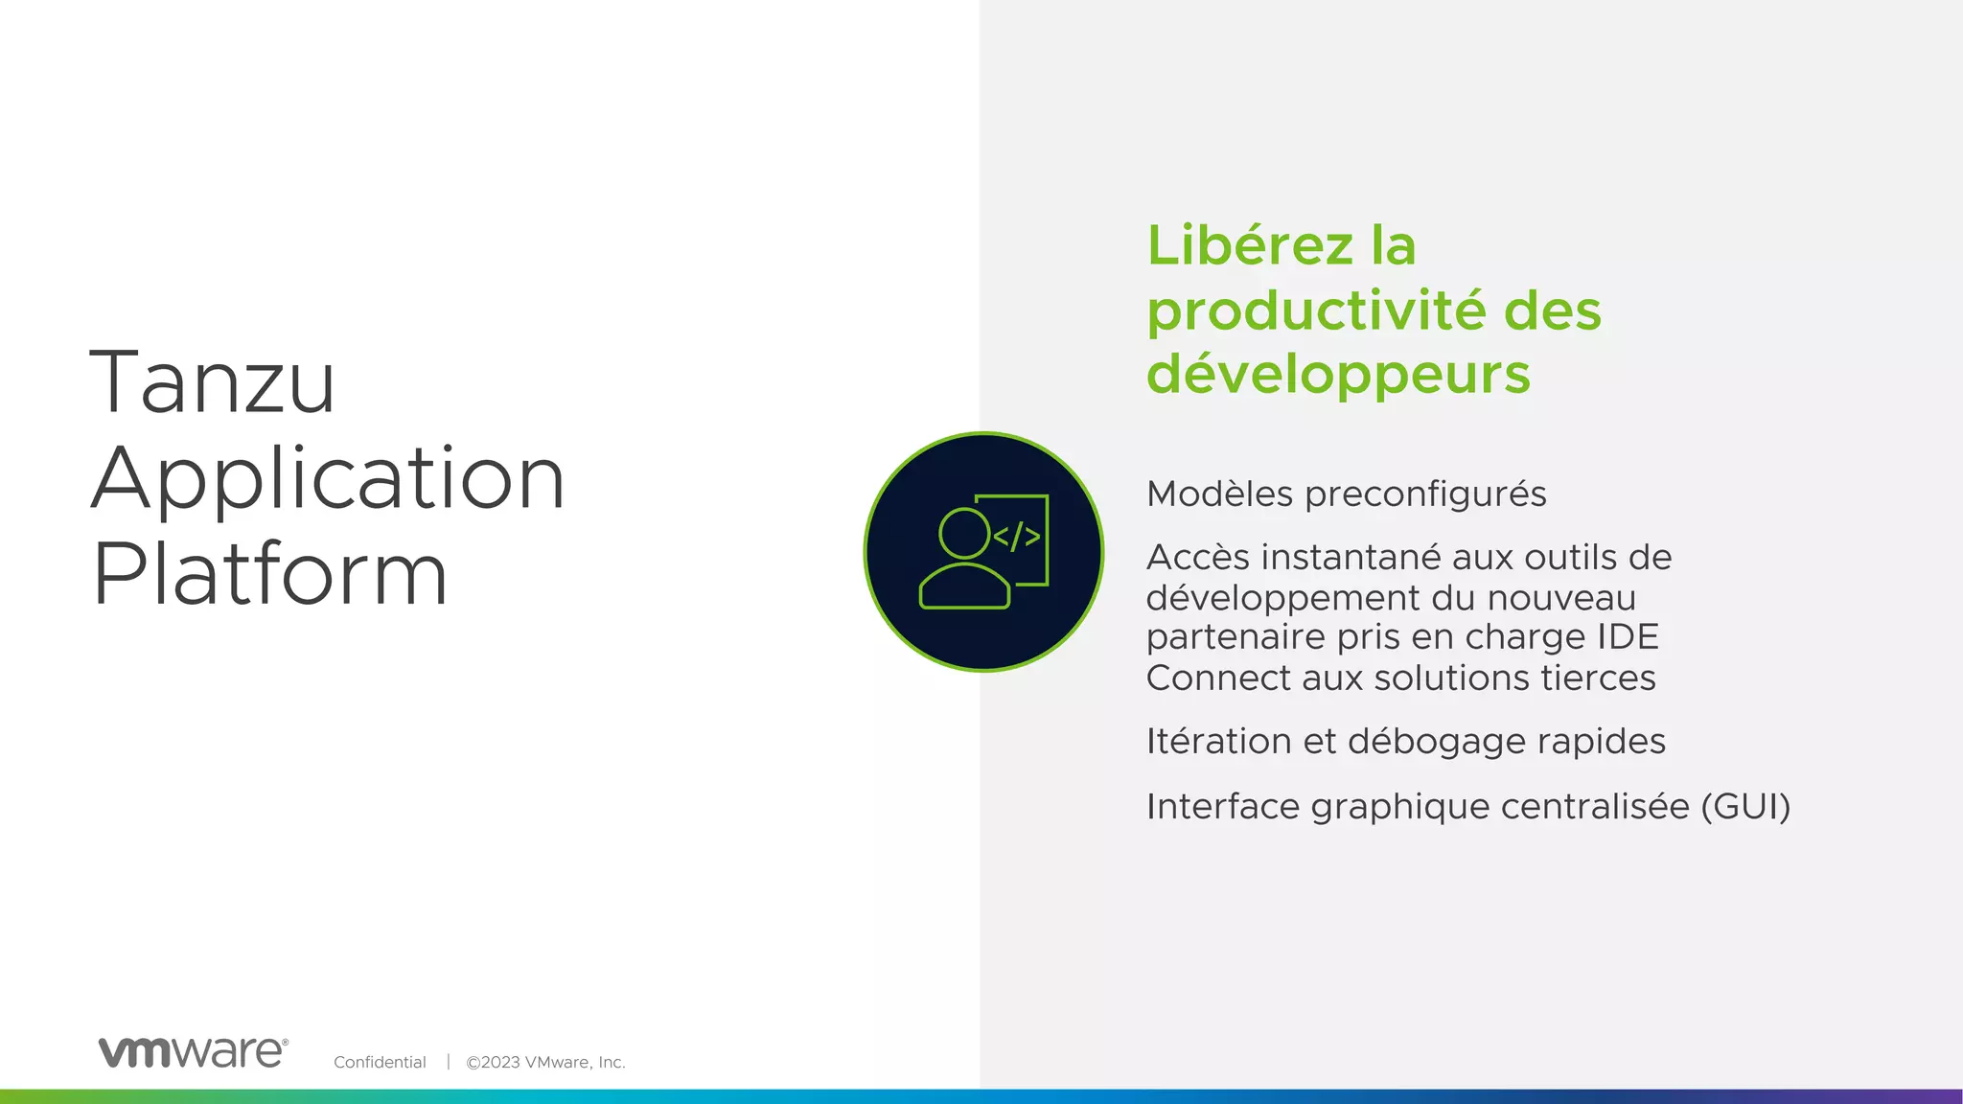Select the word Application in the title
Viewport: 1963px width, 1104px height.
(x=328, y=478)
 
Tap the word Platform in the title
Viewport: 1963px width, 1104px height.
(x=270, y=574)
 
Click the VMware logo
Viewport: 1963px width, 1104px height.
(x=193, y=1052)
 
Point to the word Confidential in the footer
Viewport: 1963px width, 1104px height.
(x=380, y=1062)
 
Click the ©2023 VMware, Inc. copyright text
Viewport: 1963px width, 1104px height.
(x=545, y=1062)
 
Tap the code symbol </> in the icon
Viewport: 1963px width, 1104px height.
(x=1017, y=537)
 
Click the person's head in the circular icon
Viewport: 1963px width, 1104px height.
(x=964, y=533)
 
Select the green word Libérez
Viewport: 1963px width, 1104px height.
(x=1250, y=245)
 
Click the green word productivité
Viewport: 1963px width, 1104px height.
(x=1317, y=311)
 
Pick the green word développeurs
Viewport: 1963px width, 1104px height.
(x=1338, y=374)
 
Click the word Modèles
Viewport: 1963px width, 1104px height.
(x=1219, y=494)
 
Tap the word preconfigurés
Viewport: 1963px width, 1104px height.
(x=1425, y=494)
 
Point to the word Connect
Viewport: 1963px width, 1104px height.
(x=1217, y=678)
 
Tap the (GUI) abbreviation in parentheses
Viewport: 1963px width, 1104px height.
(x=1745, y=807)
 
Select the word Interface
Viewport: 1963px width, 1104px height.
(x=1223, y=807)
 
